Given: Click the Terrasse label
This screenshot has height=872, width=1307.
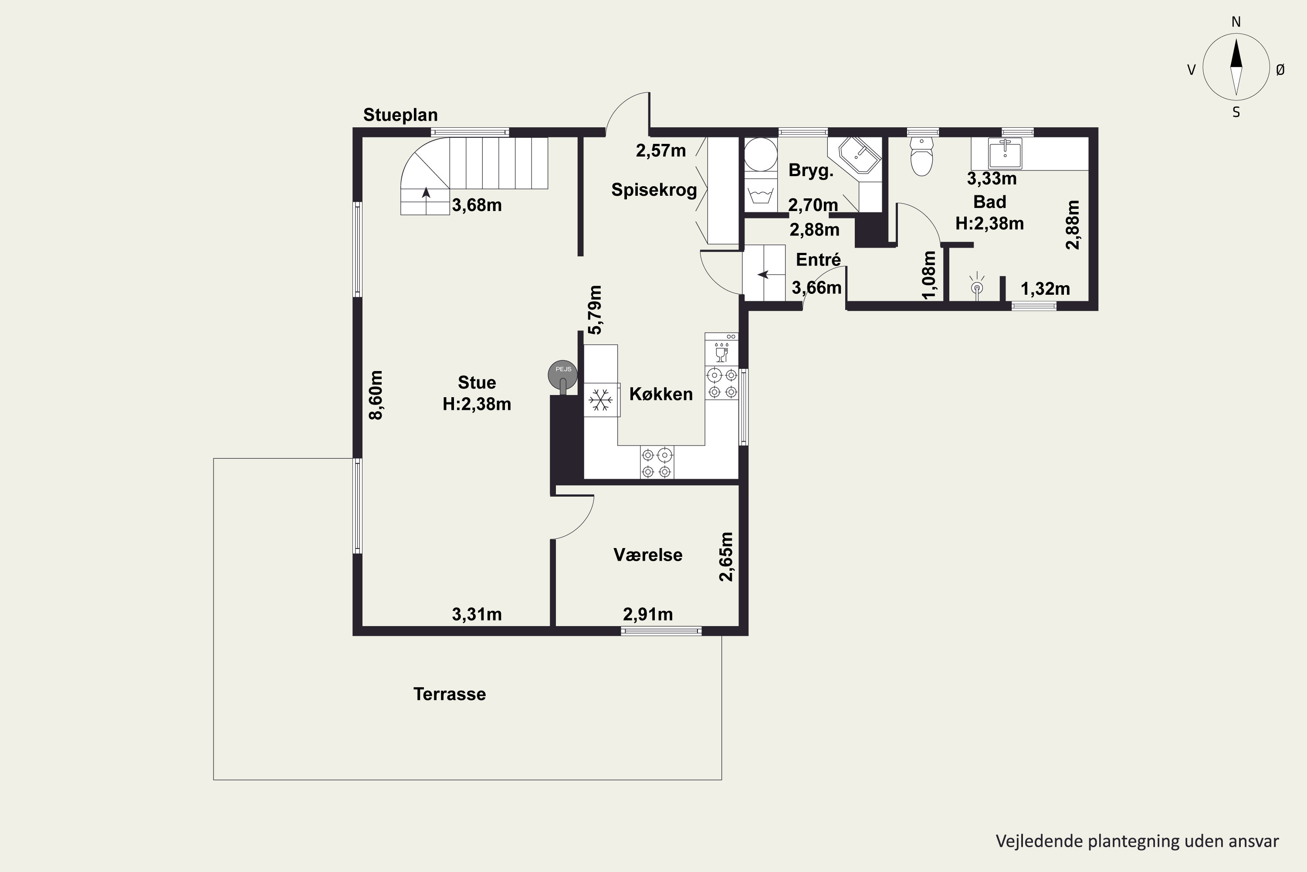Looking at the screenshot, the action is point(450,694).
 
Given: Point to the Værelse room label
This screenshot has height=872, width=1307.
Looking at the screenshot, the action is point(648,555).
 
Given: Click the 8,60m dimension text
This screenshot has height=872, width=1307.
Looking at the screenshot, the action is point(376,395).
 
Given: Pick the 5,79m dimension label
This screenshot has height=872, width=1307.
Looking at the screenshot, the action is point(595,310).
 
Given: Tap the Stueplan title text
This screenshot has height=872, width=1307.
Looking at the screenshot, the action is point(400,115).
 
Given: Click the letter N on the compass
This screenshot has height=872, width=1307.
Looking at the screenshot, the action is point(1236,22).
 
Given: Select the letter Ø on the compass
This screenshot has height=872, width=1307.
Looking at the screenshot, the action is point(1280,69).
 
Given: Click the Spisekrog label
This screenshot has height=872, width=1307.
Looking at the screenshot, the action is point(654,190).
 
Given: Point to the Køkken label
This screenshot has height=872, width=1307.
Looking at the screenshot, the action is point(661,394).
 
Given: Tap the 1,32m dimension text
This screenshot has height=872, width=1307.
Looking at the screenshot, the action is point(1045,289).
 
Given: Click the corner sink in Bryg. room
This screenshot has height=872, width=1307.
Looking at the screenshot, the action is point(860,155).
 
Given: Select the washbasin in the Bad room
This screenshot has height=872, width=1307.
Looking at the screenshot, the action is point(1005,153).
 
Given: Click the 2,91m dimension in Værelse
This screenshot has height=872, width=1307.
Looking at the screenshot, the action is point(648,614).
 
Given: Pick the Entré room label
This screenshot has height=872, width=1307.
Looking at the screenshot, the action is point(818,260).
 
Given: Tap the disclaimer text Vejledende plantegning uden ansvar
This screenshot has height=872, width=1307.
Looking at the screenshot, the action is point(1137,841).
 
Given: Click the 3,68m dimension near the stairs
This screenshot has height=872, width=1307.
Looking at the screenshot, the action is point(477,205).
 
